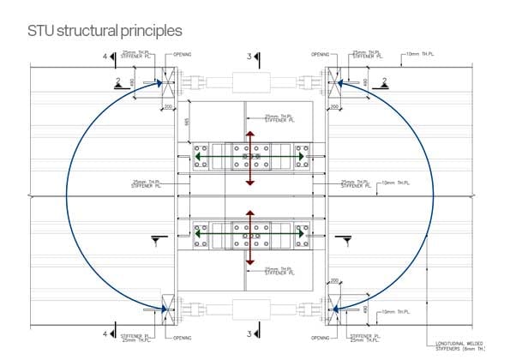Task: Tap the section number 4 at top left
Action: tap(105, 57)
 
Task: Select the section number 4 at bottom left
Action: tap(105, 333)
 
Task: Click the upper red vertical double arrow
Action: tap(249, 158)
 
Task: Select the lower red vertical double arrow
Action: tap(249, 237)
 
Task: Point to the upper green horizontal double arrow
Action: tap(249, 158)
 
